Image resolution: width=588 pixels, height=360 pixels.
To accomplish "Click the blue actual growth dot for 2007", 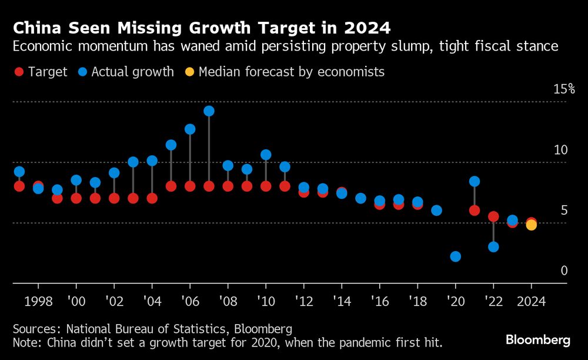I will pyautogui.click(x=209, y=111).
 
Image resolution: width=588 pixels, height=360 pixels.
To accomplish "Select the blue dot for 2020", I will pyautogui.click(x=455, y=256).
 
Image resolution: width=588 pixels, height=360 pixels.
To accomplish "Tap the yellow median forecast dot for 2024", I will pyautogui.click(x=531, y=225).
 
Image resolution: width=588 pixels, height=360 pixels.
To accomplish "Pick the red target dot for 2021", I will pyautogui.click(x=475, y=210).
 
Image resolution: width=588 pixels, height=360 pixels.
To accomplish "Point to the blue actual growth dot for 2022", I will pyautogui.click(x=493, y=246).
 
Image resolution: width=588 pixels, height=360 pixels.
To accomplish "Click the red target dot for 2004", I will pyautogui.click(x=152, y=198).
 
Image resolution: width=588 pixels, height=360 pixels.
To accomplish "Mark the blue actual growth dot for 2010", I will pyautogui.click(x=266, y=155).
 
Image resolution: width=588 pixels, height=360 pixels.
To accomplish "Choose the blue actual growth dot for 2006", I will pyautogui.click(x=190, y=129).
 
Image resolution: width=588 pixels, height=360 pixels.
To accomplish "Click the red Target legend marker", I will pyautogui.click(x=19, y=72).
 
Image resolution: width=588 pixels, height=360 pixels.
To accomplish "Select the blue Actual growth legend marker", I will pyautogui.click(x=82, y=72).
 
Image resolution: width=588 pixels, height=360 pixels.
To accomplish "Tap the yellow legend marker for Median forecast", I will pyautogui.click(x=189, y=72).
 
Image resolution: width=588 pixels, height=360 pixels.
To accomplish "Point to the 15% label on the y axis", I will pyautogui.click(x=564, y=89).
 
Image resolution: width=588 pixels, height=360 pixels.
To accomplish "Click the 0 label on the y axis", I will pyautogui.click(x=564, y=271).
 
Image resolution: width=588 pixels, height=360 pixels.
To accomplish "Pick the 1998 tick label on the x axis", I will pyautogui.click(x=38, y=301).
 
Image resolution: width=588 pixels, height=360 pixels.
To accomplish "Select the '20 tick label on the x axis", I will pyautogui.click(x=455, y=301).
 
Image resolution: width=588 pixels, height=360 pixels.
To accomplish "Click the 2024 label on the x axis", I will pyautogui.click(x=531, y=301).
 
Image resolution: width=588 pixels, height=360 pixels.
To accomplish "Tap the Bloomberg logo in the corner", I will pyautogui.click(x=538, y=340).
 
